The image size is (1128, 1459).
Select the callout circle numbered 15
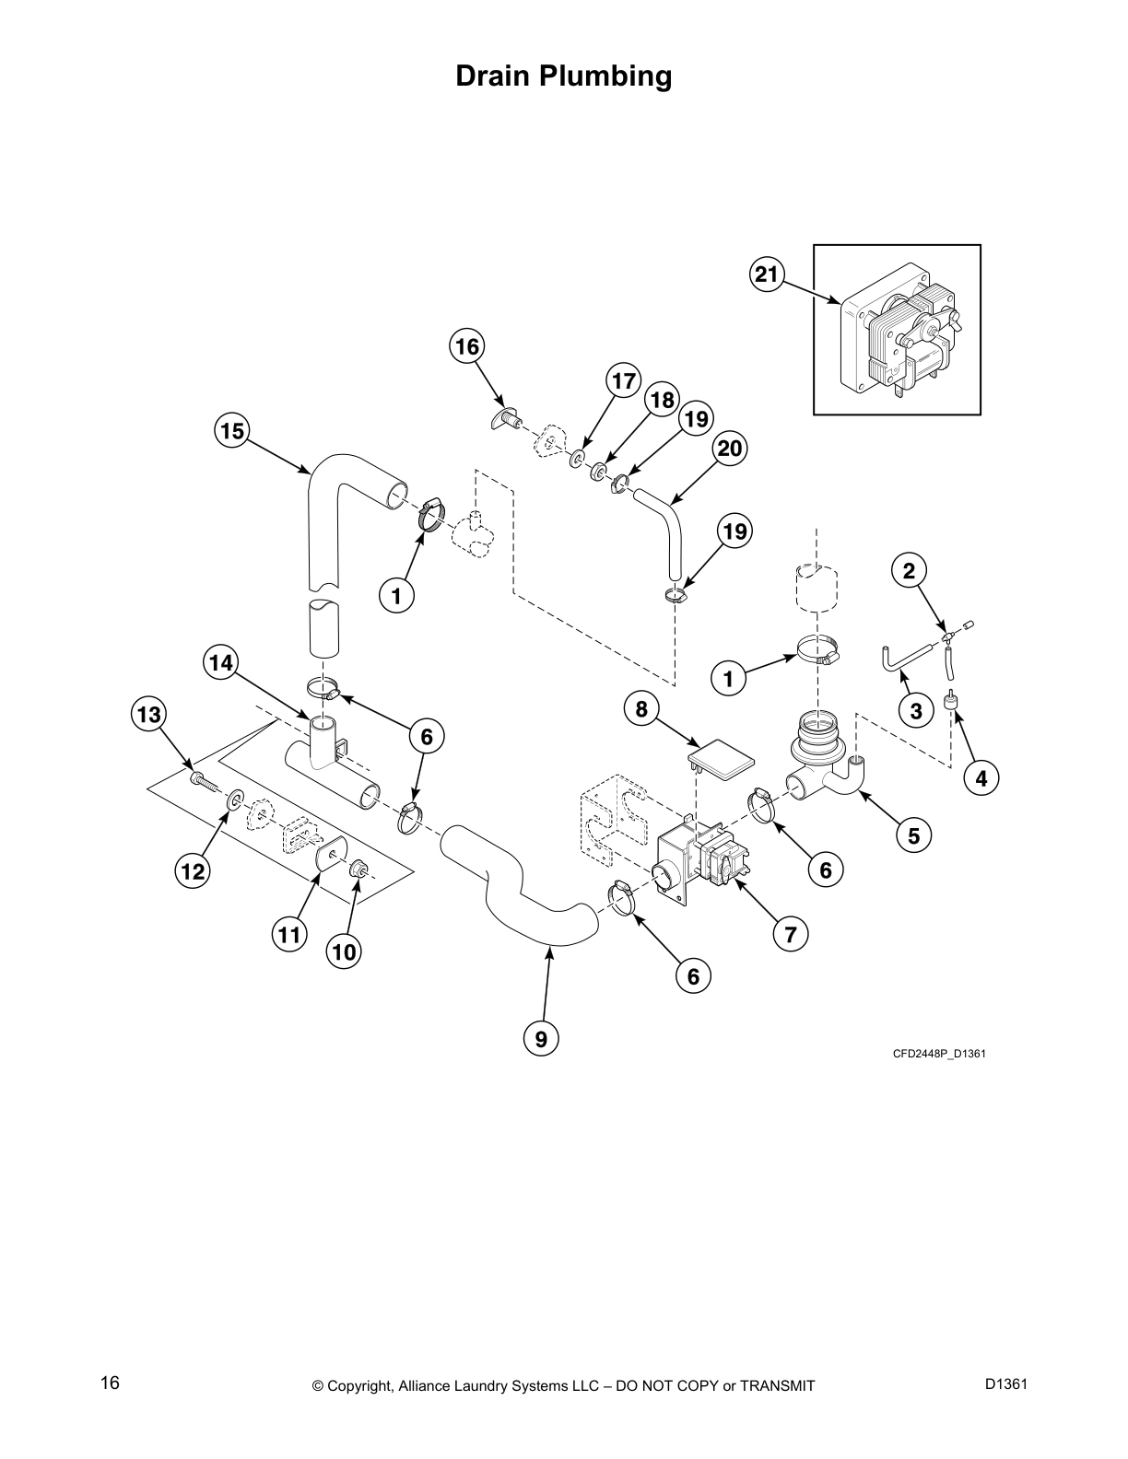coord(232,430)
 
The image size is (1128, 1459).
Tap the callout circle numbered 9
coord(541,1039)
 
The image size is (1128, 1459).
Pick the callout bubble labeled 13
coord(149,714)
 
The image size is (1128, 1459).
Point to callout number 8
coord(641,708)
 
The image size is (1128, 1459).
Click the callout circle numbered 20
coord(729,449)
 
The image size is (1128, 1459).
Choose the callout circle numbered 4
coord(981,778)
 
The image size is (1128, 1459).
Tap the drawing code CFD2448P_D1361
coord(938,1053)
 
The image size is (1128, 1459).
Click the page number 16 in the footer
coord(110,1383)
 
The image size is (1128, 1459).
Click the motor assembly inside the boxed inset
coord(899,333)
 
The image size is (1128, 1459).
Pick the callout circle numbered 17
coord(624,380)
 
